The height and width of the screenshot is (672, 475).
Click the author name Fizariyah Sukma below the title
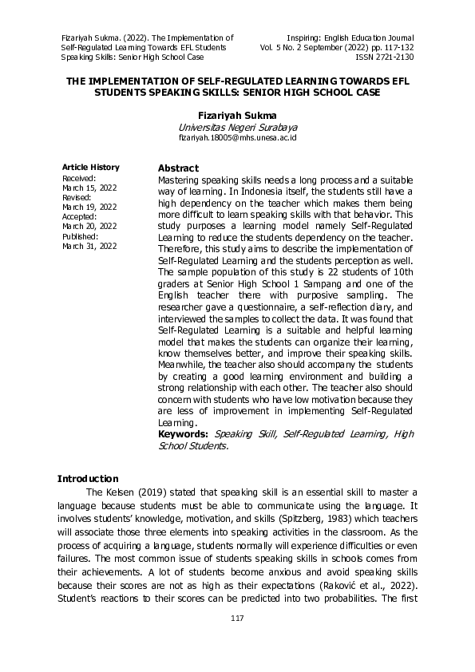[237, 115]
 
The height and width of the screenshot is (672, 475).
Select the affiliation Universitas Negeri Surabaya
[237, 127]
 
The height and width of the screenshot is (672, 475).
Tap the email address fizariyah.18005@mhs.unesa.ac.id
[237, 138]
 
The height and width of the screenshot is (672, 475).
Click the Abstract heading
[178, 168]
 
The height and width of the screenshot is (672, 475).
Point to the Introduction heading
[88, 478]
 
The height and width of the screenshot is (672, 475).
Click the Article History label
[91, 167]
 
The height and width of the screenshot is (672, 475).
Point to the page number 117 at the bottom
[237, 619]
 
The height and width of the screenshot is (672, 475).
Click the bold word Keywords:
[184, 433]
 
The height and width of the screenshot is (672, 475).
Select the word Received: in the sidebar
[79, 178]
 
